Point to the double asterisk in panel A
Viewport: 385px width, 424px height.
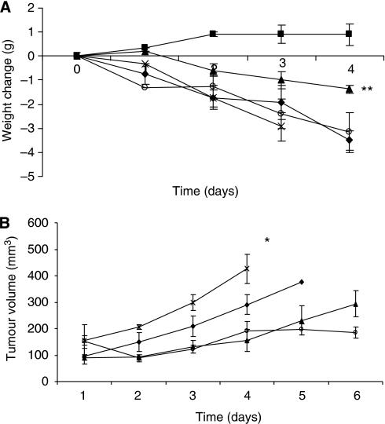[366, 90]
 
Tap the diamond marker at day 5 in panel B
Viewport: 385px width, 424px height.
[301, 281]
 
